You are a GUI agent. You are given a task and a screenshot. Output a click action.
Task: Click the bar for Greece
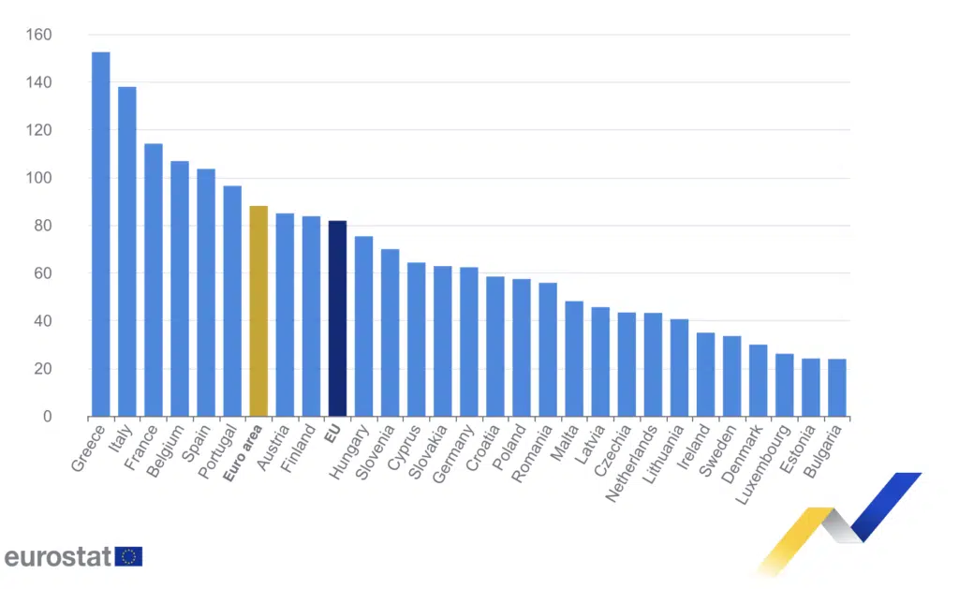pyautogui.click(x=100, y=234)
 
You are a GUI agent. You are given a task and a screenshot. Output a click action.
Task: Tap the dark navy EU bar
pyautogui.click(x=337, y=318)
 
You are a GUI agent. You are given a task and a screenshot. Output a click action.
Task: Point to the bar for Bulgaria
pyautogui.click(x=837, y=388)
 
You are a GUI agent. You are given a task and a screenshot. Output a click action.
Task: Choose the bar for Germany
pyautogui.click(x=469, y=342)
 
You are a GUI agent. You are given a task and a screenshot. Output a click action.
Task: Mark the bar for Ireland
pyautogui.click(x=705, y=375)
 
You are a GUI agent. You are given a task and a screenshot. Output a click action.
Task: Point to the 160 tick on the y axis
pyautogui.click(x=38, y=36)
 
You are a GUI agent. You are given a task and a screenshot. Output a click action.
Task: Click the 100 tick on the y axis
pyautogui.click(x=38, y=178)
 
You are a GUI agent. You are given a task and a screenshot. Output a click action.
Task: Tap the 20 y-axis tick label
pyautogui.click(x=42, y=369)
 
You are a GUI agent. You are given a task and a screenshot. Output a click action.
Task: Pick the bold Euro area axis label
pyautogui.click(x=242, y=453)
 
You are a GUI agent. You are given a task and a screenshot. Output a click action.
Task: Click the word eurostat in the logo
pyautogui.click(x=58, y=556)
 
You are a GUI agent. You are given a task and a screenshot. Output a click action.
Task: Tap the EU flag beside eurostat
pyautogui.click(x=129, y=556)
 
